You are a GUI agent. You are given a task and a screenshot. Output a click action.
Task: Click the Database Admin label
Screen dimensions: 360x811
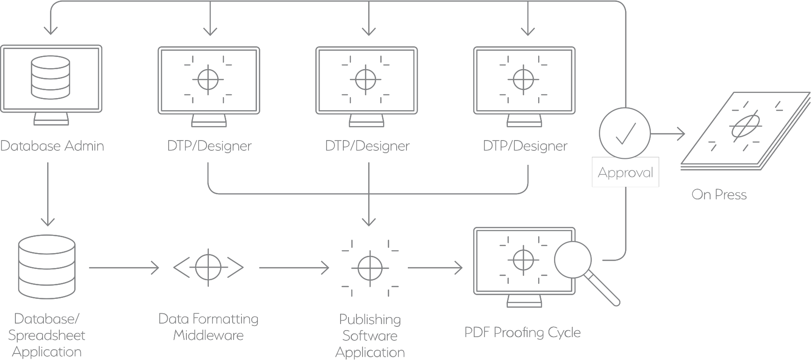tap(52, 146)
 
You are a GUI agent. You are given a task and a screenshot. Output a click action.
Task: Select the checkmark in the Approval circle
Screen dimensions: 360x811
tap(625, 134)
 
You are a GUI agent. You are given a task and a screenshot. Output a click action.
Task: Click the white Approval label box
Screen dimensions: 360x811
tap(625, 172)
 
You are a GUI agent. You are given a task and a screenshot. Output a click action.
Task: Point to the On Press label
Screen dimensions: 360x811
tap(719, 194)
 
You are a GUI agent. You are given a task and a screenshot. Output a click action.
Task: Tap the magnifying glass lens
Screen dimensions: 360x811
tap(573, 260)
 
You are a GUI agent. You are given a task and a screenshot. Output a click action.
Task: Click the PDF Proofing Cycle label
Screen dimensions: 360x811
tap(522, 332)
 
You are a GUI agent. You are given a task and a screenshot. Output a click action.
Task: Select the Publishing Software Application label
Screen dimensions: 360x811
tap(370, 336)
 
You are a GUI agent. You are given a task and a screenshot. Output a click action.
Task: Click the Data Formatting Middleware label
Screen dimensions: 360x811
tap(208, 327)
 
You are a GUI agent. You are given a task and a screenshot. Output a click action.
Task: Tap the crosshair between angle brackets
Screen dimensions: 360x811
tap(208, 268)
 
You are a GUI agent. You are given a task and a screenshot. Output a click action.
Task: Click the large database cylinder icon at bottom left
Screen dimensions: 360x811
tap(47, 267)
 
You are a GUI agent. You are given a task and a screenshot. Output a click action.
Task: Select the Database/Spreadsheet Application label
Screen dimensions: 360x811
tap(47, 335)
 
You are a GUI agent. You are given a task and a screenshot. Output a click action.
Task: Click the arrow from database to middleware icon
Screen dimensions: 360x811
tap(124, 268)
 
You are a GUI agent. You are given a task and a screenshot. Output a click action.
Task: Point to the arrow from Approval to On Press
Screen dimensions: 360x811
tap(668, 134)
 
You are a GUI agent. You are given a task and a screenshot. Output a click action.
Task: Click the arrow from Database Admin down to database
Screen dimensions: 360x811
tap(48, 194)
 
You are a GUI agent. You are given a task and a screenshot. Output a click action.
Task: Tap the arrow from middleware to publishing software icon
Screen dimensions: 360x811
tap(294, 268)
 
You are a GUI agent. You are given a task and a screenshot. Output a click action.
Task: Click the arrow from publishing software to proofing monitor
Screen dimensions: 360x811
tap(435, 268)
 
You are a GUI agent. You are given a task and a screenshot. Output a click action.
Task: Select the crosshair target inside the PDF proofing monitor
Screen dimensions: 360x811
tap(523, 260)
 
